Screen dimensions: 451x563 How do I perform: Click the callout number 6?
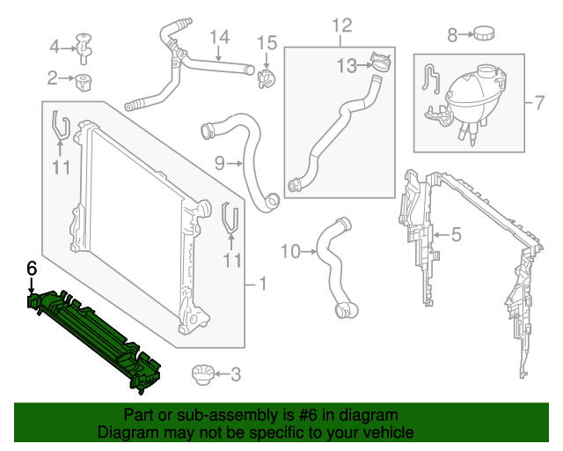(32, 267)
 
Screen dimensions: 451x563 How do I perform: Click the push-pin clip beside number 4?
(85, 47)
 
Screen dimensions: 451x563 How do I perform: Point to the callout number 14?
(218, 37)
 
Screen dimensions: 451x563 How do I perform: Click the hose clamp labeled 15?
(266, 77)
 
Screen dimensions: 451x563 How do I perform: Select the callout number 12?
(340, 23)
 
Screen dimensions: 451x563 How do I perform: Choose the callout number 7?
(539, 102)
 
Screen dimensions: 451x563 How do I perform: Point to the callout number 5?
(456, 234)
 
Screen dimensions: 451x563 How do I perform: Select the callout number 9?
(220, 162)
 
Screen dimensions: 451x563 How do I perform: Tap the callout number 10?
(290, 252)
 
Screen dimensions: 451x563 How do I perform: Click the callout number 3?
(235, 375)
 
